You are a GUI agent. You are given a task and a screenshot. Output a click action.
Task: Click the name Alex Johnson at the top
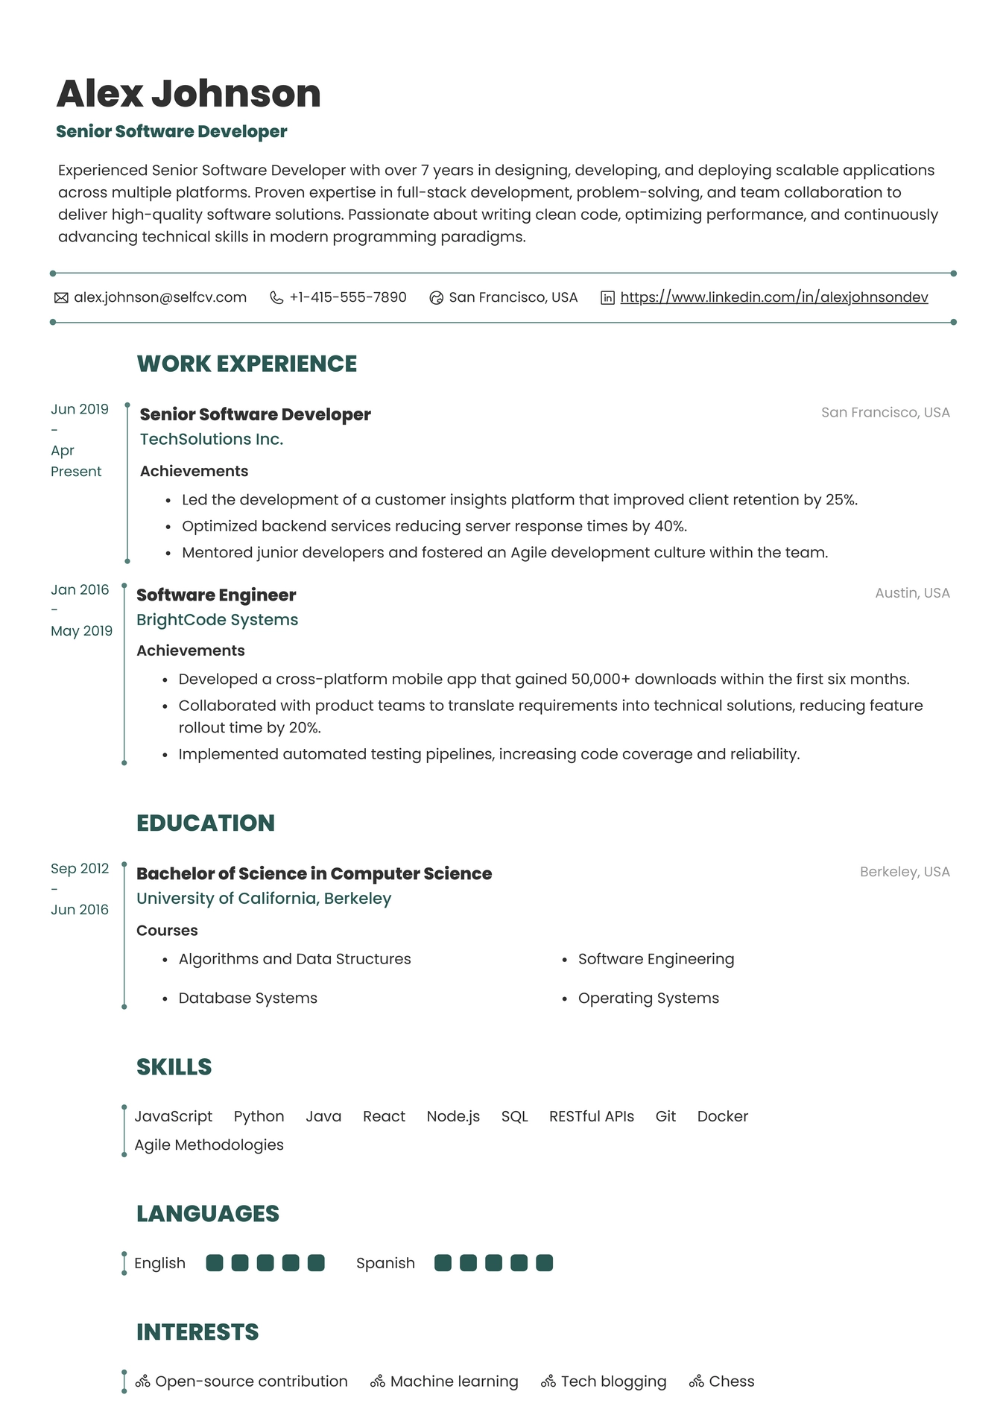pyautogui.click(x=189, y=94)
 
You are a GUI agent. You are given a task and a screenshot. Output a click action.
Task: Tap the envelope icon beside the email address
pyautogui.click(x=61, y=298)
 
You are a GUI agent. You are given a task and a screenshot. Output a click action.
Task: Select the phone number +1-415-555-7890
pyautogui.click(x=348, y=297)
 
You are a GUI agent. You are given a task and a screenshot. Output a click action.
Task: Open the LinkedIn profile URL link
pyautogui.click(x=774, y=297)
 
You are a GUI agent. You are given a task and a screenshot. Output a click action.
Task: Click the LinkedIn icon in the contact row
pyautogui.click(x=608, y=298)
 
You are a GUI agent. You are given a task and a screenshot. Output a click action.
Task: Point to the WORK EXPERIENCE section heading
pyautogui.click(x=247, y=364)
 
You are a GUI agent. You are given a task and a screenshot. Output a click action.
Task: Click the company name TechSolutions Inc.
pyautogui.click(x=212, y=440)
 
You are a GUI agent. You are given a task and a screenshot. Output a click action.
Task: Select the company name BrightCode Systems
pyautogui.click(x=217, y=620)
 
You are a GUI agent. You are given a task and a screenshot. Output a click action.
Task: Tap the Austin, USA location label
pyautogui.click(x=912, y=593)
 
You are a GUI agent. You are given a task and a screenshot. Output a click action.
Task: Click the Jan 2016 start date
pyautogui.click(x=80, y=590)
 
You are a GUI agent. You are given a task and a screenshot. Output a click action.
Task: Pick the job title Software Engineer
pyautogui.click(x=216, y=595)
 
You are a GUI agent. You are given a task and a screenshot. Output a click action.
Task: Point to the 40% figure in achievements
pyautogui.click(x=669, y=526)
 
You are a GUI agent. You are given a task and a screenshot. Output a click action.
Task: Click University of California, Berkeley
pyautogui.click(x=264, y=899)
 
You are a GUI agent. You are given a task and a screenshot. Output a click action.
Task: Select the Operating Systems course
pyautogui.click(x=648, y=999)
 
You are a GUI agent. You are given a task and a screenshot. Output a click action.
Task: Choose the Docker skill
pyautogui.click(x=722, y=1116)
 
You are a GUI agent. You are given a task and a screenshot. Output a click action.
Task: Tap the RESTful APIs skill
pyautogui.click(x=591, y=1116)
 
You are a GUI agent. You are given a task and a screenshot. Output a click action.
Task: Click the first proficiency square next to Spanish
pyautogui.click(x=443, y=1263)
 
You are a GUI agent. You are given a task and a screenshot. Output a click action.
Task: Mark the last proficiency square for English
pyautogui.click(x=316, y=1263)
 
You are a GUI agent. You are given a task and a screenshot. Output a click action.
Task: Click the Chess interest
pyautogui.click(x=731, y=1382)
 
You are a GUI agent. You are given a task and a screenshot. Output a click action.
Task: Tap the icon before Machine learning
pyautogui.click(x=378, y=1382)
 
